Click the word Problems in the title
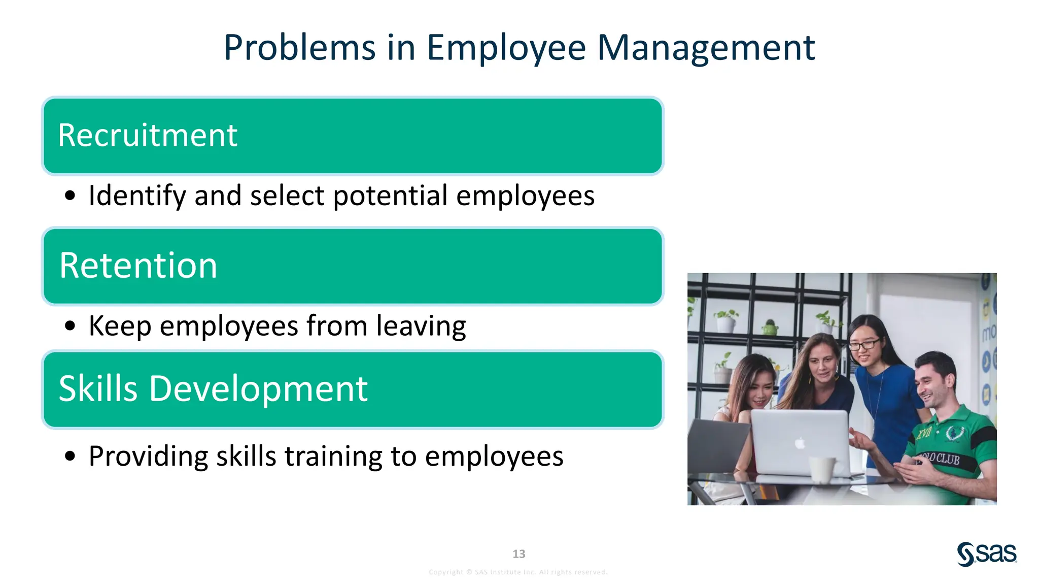299,48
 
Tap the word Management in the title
706,48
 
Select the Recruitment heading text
147,136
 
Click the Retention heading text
138,266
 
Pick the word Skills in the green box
98,389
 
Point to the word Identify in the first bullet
137,196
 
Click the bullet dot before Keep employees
70,326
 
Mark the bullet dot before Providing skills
70,456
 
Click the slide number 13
518,554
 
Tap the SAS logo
987,554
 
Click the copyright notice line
518,572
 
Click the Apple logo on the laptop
800,443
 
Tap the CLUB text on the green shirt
947,459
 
